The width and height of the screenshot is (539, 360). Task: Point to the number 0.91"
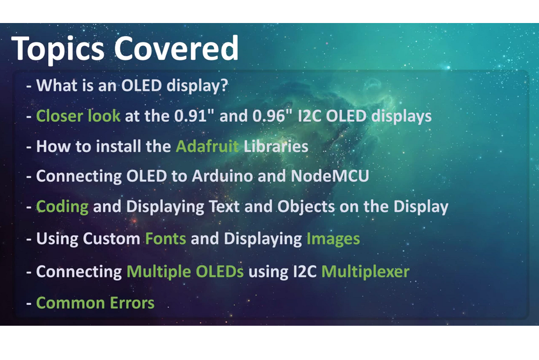tap(194, 116)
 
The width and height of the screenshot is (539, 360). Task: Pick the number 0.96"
tap(273, 116)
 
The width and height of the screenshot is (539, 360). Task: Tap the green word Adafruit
tap(207, 147)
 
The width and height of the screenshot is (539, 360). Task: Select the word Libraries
tap(276, 147)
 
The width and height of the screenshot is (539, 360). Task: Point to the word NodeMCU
tap(330, 176)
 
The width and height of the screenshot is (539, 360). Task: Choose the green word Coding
tap(62, 207)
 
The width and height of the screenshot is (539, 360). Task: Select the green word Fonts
tap(166, 239)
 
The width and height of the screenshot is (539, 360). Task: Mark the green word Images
tap(333, 239)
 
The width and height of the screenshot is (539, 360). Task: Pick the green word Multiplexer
tap(365, 271)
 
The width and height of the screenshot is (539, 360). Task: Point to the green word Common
tap(63, 303)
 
